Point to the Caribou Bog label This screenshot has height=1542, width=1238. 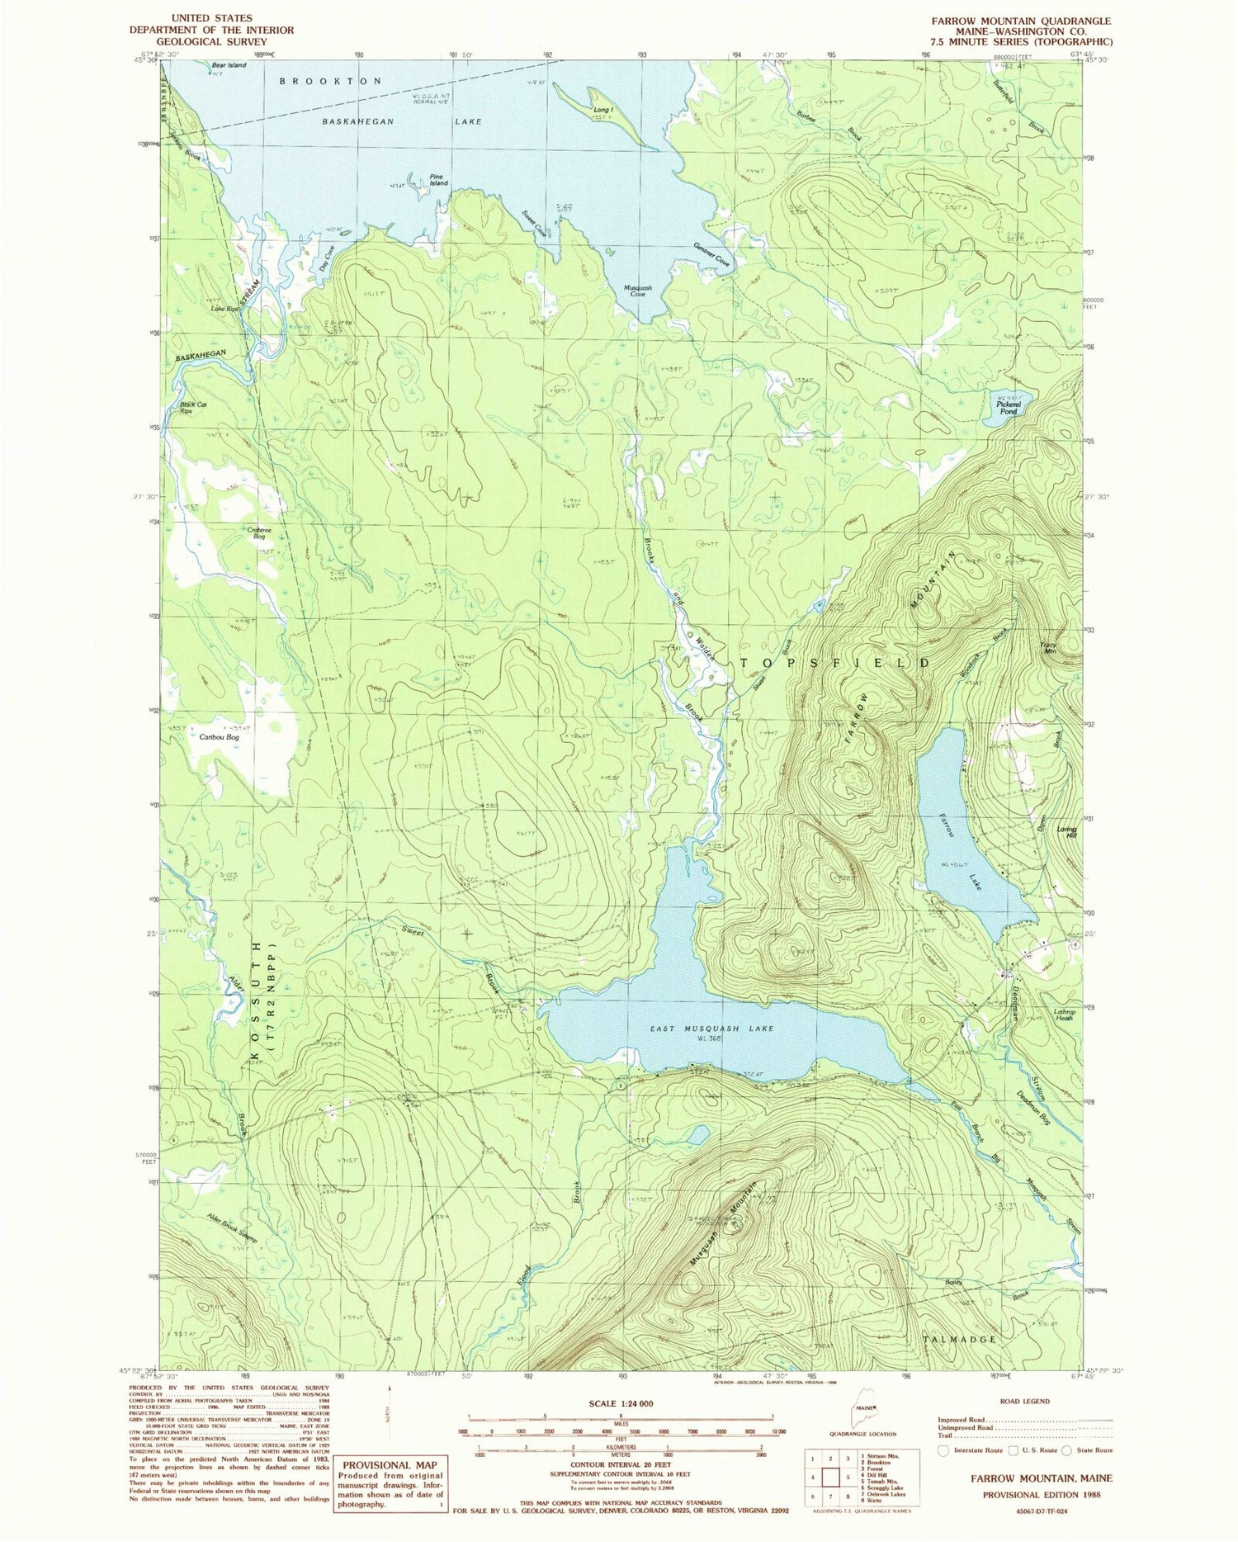click(x=220, y=736)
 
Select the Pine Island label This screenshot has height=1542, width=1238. click(x=438, y=179)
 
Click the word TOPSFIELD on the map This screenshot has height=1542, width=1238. click(x=834, y=663)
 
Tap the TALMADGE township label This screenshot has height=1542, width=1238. click(x=970, y=1338)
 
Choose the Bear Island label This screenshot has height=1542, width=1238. click(x=229, y=65)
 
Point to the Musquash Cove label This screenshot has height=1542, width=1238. click(x=637, y=291)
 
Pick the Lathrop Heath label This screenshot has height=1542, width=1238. click(x=1065, y=1015)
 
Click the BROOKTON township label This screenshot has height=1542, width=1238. click(x=330, y=81)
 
